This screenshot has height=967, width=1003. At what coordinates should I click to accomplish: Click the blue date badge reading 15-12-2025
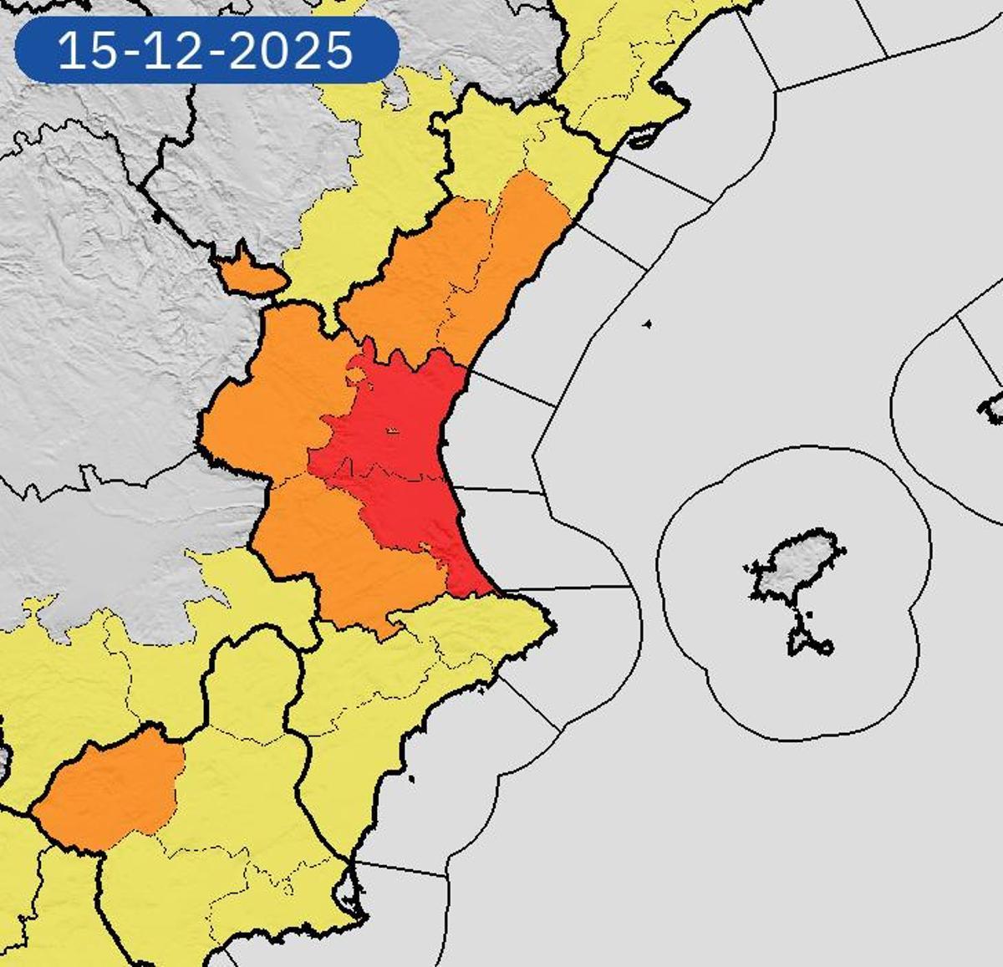click(206, 50)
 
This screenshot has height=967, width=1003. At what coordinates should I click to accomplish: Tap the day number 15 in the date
click(89, 51)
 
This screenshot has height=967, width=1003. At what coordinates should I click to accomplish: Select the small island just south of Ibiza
click(807, 639)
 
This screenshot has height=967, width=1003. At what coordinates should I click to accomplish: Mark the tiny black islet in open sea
click(647, 324)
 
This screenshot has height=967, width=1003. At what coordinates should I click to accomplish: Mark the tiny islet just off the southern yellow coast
click(412, 781)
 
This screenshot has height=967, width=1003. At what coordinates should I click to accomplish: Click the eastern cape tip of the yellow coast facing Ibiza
click(551, 623)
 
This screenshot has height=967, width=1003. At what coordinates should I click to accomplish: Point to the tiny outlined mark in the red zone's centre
click(391, 430)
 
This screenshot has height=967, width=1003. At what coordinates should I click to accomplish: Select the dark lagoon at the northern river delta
click(644, 138)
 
